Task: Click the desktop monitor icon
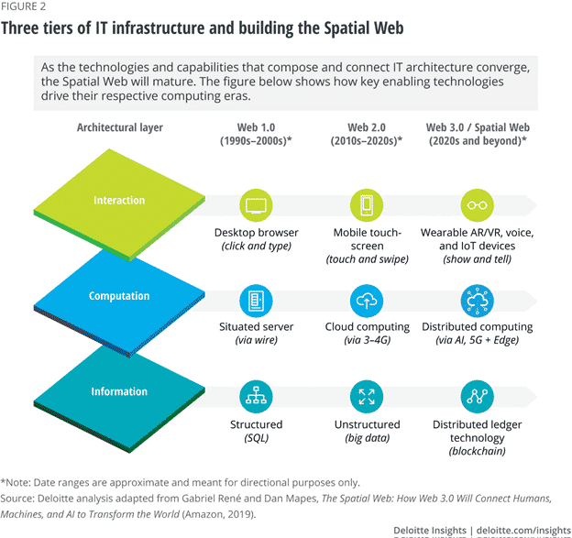click(256, 205)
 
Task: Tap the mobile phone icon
click(367, 205)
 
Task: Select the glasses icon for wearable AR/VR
click(478, 205)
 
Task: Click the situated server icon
click(256, 301)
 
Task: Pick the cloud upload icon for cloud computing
click(367, 301)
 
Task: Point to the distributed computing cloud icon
click(478, 301)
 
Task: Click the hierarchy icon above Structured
click(256, 397)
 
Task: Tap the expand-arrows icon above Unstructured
click(367, 397)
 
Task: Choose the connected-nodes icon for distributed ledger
click(478, 397)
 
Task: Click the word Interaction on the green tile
click(119, 200)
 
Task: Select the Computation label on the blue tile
click(119, 296)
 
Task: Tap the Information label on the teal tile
click(119, 391)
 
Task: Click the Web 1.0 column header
click(256, 134)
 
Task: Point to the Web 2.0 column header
click(367, 134)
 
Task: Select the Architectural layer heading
click(120, 127)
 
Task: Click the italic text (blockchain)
click(478, 451)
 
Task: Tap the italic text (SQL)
click(257, 438)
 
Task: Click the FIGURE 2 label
click(23, 6)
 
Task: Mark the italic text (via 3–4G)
click(367, 340)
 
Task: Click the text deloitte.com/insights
click(523, 531)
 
